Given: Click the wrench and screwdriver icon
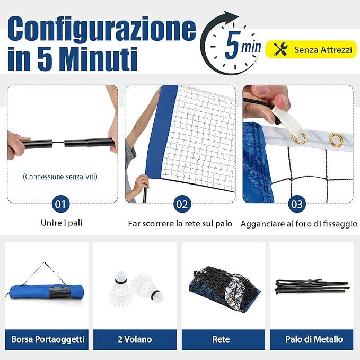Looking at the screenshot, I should (x=280, y=49).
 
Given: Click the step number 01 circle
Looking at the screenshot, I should (x=62, y=204).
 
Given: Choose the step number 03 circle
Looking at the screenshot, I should (x=297, y=204).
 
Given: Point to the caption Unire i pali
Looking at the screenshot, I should (x=62, y=223).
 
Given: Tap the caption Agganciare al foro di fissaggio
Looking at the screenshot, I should (x=299, y=224).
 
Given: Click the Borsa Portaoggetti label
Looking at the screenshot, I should (x=47, y=339).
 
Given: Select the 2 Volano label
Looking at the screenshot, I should (x=135, y=339).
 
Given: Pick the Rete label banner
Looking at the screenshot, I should (x=221, y=339).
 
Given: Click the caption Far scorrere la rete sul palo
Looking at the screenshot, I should (x=180, y=224).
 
